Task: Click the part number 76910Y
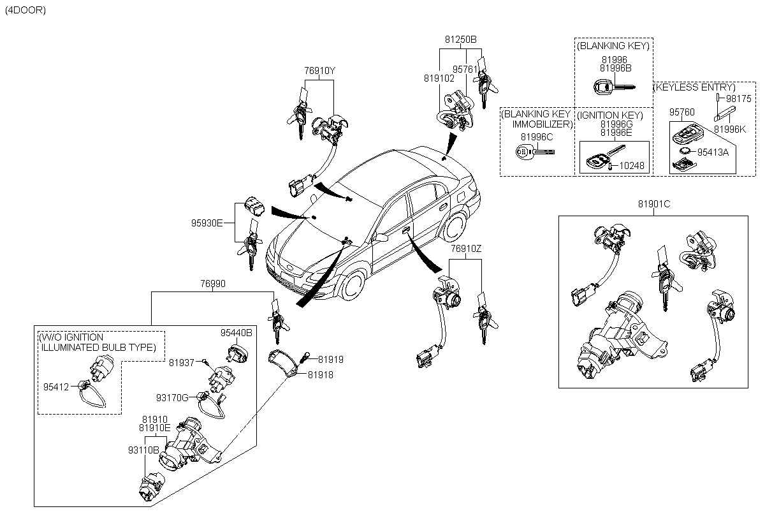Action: [319, 71]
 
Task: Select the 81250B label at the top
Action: [461, 39]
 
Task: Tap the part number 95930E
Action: [207, 223]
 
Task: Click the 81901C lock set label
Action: [653, 204]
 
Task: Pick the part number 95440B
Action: [237, 333]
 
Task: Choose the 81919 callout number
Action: [331, 360]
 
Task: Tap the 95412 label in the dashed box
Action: [55, 385]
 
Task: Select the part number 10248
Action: [632, 166]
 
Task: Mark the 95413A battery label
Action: [713, 152]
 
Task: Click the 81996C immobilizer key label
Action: [537, 136]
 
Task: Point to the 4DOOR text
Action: [25, 11]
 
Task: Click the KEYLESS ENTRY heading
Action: [694, 87]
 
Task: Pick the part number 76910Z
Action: [467, 247]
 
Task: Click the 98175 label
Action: [739, 99]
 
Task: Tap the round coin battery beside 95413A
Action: [685, 151]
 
